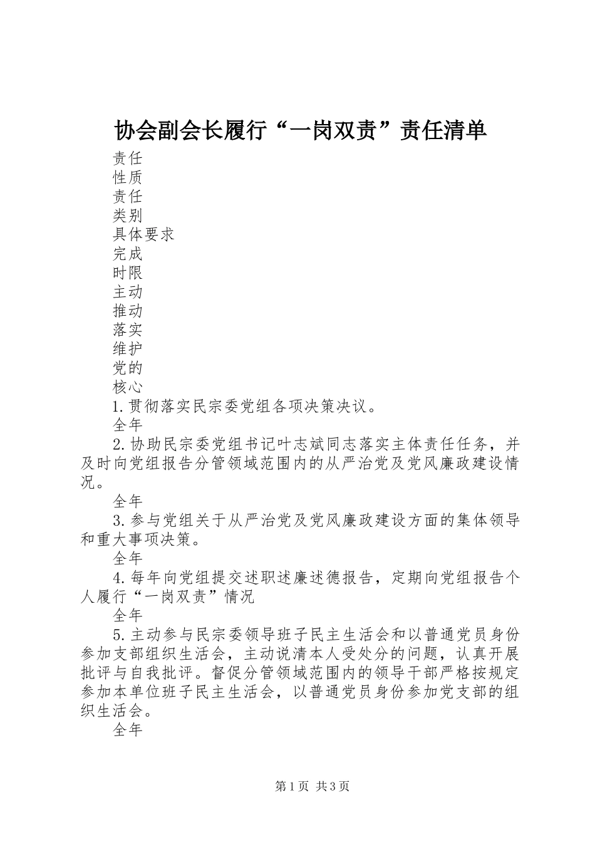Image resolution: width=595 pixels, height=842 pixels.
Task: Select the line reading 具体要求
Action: click(143, 234)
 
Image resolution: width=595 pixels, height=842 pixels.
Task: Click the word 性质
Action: click(128, 177)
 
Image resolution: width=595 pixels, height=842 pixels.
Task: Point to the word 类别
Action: click(128, 216)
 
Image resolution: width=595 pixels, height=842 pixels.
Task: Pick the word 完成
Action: click(128, 254)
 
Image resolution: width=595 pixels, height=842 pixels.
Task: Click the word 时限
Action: click(128, 273)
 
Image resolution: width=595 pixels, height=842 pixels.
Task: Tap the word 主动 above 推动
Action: click(128, 292)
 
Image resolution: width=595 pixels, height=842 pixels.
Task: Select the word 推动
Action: click(128, 311)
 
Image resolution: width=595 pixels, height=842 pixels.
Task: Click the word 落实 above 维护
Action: click(128, 330)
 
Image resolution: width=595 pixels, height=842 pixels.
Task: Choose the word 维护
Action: click(128, 349)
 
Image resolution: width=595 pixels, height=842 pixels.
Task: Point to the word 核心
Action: click(128, 387)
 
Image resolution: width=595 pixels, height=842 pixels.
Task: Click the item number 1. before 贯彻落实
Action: click(120, 407)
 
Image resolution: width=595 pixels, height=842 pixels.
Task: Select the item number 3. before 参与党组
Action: click(120, 521)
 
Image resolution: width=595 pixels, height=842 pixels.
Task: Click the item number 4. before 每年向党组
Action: click(120, 578)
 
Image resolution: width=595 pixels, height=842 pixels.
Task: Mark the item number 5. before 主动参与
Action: click(120, 635)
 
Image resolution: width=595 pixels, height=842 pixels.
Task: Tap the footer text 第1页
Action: click(289, 786)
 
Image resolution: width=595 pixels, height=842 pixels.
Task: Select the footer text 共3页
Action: click(333, 786)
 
